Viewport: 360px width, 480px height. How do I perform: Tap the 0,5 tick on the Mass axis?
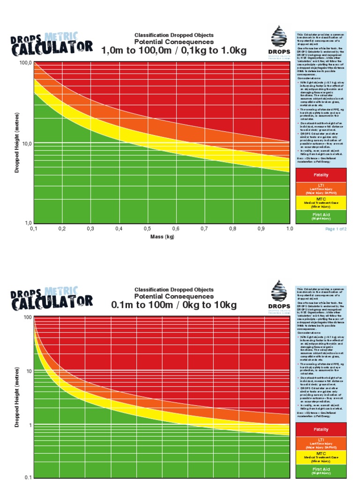[147, 229]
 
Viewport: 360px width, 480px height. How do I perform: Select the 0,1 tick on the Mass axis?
[34, 229]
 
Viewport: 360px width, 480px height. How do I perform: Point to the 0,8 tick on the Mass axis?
[232, 229]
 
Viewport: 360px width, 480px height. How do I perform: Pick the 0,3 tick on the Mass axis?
[90, 229]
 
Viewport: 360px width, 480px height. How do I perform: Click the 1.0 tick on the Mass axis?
[289, 229]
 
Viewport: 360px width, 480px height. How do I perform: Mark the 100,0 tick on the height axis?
[25, 62]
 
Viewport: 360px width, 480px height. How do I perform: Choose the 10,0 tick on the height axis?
[25, 143]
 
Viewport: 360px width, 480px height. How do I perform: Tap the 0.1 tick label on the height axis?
[27, 477]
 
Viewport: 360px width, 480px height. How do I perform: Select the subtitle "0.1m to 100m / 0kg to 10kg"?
[174, 305]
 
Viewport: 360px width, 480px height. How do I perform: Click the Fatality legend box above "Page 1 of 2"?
[321, 175]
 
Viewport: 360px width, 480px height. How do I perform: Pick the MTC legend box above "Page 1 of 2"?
[321, 202]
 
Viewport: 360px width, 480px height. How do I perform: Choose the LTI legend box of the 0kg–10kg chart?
[321, 443]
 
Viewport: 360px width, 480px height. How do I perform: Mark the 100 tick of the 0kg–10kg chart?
[27, 317]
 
